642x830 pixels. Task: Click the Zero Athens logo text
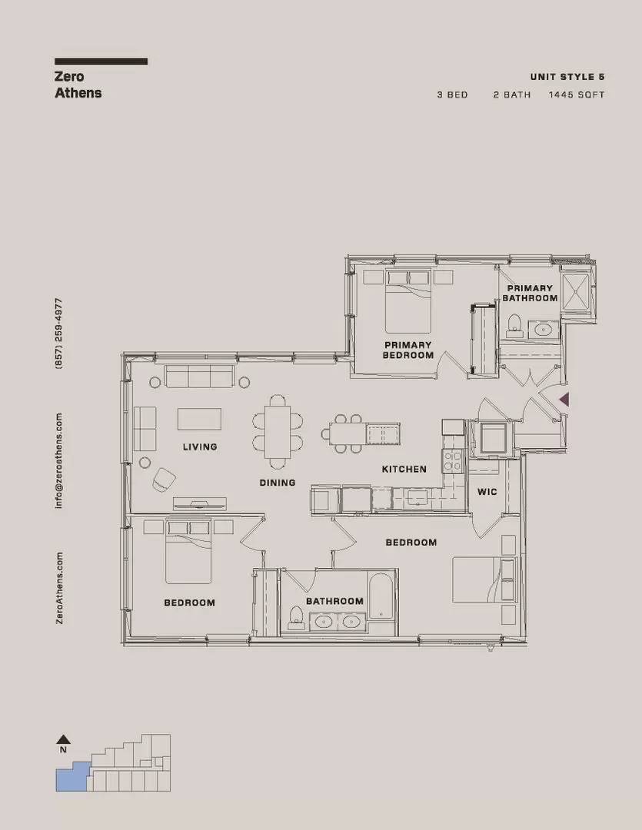tap(78, 85)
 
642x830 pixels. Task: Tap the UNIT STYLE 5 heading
tap(567, 77)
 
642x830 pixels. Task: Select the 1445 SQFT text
tap(577, 95)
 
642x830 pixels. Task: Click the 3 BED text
tap(452, 95)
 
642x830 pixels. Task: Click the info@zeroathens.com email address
tap(58, 461)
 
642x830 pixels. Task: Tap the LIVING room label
tap(200, 447)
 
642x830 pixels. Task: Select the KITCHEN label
tap(404, 469)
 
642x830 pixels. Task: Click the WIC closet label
tap(487, 492)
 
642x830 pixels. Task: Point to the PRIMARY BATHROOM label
tap(530, 294)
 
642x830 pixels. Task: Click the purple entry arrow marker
tap(564, 400)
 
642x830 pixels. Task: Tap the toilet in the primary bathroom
tap(514, 326)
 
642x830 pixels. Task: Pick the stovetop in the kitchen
tap(452, 460)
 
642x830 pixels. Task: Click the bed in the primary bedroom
tap(407, 301)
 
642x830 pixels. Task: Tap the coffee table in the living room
tap(199, 419)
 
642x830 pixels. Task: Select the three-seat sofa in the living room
tap(199, 376)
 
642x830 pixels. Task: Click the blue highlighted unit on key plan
tap(72, 778)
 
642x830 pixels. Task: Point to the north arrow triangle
tap(63, 739)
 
